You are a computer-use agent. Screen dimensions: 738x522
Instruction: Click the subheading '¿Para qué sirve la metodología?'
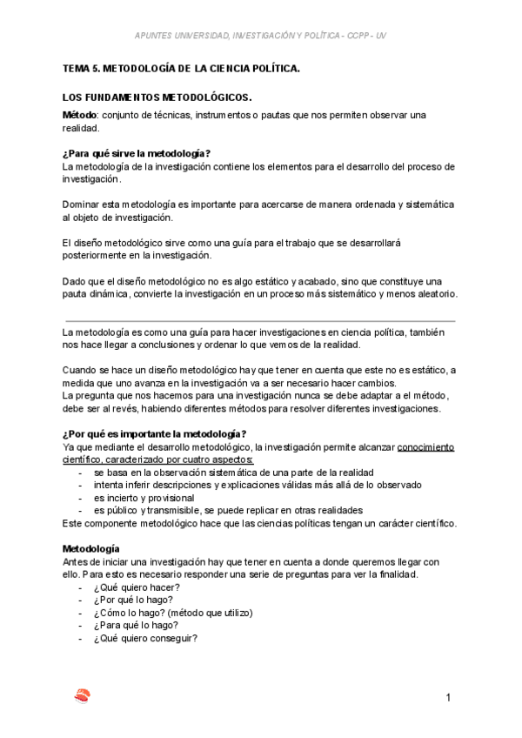coord(137,153)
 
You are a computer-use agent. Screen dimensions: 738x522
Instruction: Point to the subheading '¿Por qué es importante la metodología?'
coord(154,434)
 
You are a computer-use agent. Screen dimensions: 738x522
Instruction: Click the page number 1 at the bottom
coord(447,698)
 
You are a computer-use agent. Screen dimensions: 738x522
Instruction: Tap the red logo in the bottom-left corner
coord(83,696)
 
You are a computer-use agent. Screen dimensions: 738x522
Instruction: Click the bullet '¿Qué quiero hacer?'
coord(137,588)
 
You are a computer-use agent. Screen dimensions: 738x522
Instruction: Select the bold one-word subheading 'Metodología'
coord(94,548)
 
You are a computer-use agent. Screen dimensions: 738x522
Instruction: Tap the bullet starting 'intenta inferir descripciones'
coord(258,484)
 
